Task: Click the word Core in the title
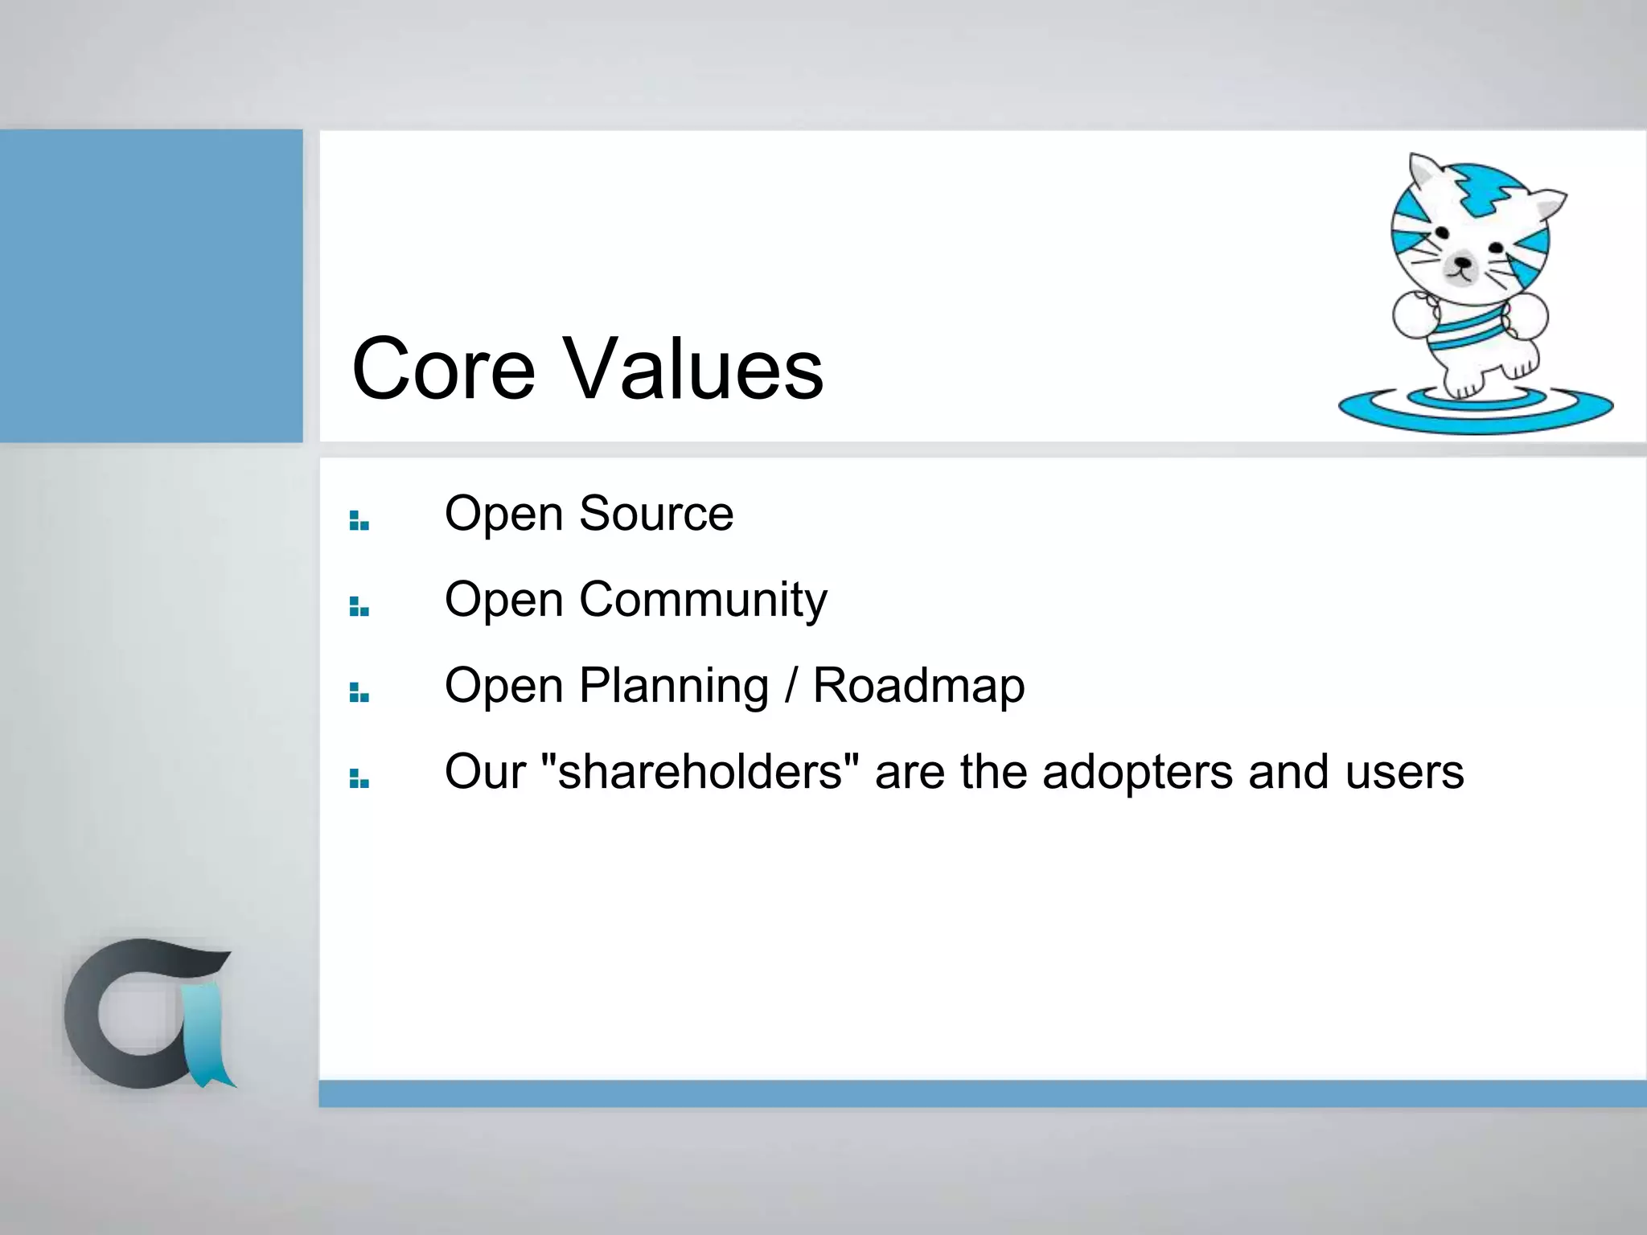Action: [443, 369]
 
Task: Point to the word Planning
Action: [674, 686]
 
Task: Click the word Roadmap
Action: [918, 686]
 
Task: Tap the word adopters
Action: [1137, 772]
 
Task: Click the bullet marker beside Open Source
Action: [359, 521]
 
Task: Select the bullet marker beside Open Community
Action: [359, 607]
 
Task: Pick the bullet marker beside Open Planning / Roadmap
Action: [359, 693]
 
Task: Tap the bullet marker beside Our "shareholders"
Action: [359, 779]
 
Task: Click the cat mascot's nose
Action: [1463, 263]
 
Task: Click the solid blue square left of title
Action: [150, 285]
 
